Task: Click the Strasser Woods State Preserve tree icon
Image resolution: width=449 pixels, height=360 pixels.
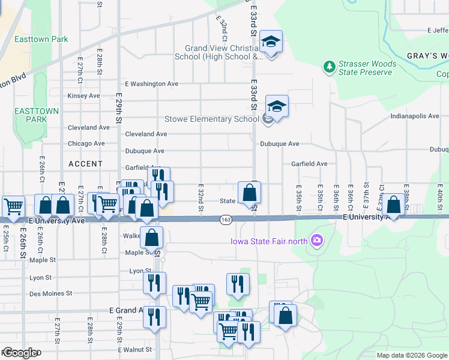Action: point(329,66)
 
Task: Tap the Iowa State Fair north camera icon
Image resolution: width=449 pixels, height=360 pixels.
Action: point(317,241)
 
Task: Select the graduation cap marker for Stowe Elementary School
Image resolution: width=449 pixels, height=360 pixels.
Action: point(277,107)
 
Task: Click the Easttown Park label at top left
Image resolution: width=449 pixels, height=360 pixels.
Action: point(43,40)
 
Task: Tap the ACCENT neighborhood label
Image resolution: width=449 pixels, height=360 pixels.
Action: point(86,164)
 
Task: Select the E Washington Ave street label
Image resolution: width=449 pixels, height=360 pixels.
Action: point(151,84)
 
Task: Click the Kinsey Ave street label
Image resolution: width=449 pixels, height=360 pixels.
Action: point(84,96)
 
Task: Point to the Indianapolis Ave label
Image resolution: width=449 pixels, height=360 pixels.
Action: point(414,116)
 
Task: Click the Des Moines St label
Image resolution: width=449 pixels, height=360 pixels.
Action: point(51,293)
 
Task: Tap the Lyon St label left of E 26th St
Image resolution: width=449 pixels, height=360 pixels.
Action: point(41,278)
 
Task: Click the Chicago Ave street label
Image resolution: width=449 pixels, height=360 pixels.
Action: point(86,143)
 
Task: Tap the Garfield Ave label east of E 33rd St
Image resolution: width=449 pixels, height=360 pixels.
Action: point(309,163)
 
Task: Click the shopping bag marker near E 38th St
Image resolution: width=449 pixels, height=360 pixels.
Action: point(393,205)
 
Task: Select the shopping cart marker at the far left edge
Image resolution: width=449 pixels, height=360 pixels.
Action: point(13,207)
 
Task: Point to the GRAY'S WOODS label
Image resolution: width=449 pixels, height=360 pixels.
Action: point(427,56)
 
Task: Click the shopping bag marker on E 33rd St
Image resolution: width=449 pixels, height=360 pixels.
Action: point(250,193)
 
